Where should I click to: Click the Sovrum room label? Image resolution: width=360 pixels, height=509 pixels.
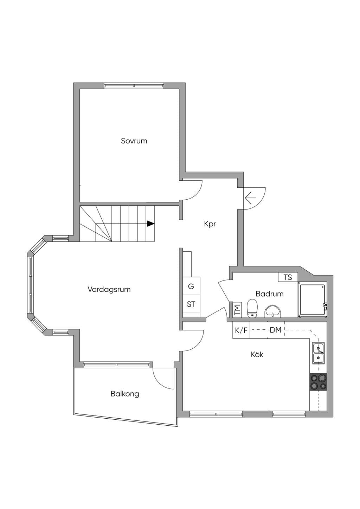[134, 141]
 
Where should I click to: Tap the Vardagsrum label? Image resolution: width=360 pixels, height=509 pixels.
[109, 290]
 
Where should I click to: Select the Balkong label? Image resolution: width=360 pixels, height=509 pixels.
[125, 394]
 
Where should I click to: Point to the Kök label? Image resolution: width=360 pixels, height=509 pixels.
[257, 354]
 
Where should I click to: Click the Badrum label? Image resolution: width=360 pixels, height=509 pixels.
[270, 294]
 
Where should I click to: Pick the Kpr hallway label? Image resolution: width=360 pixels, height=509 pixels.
[210, 224]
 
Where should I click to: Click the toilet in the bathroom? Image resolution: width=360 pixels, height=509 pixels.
[252, 308]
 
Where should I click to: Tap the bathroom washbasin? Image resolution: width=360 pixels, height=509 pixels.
[273, 311]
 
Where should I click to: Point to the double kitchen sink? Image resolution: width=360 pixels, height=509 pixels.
[319, 353]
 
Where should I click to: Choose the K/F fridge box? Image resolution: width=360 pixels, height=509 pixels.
[241, 330]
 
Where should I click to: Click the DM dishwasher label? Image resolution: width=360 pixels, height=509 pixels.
[276, 330]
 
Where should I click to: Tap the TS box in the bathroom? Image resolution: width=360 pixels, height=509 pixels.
[288, 277]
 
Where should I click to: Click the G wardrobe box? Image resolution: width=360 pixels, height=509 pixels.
[191, 286]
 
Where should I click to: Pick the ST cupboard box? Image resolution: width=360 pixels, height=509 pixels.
[191, 304]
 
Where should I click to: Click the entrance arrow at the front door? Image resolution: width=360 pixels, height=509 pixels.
[250, 198]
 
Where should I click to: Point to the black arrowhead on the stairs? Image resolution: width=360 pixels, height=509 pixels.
[151, 224]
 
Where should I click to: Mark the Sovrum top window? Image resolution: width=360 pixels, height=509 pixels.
[134, 86]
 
